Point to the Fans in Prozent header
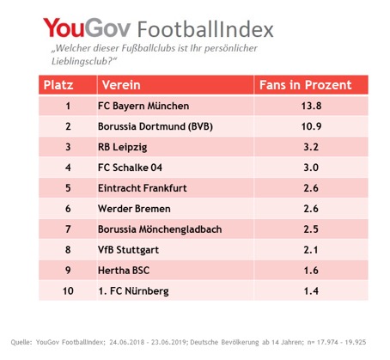pyautogui.click(x=304, y=86)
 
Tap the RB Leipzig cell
pyautogui.click(x=124, y=148)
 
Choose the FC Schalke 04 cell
pyautogui.click(x=133, y=168)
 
